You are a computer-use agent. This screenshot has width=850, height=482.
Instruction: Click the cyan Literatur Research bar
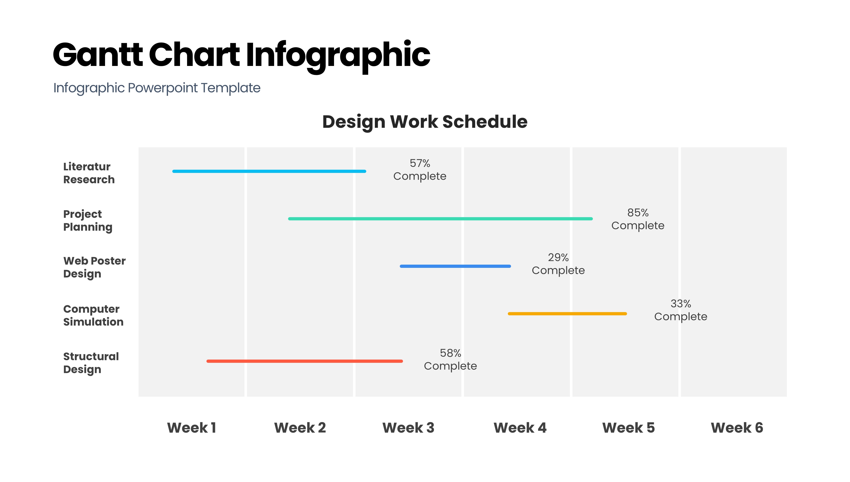click(x=269, y=171)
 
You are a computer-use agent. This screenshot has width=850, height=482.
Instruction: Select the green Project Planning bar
click(x=440, y=218)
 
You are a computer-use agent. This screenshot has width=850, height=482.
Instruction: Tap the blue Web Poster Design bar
click(x=455, y=266)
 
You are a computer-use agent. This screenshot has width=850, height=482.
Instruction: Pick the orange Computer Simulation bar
click(x=567, y=314)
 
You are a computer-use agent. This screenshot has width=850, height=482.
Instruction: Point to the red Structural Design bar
click(x=305, y=361)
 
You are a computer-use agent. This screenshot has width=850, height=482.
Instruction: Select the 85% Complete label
click(x=638, y=219)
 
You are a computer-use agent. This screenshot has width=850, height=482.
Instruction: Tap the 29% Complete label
click(x=558, y=264)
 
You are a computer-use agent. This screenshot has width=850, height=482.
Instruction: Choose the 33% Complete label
click(x=681, y=310)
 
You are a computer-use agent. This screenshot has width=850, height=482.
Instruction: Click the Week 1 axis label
click(x=191, y=427)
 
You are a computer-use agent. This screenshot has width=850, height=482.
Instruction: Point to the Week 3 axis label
click(x=408, y=427)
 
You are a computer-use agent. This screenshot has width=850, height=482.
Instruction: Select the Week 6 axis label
click(x=737, y=427)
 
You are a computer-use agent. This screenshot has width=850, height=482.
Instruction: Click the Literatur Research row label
click(x=89, y=173)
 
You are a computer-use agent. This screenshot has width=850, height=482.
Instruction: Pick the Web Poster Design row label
click(x=94, y=267)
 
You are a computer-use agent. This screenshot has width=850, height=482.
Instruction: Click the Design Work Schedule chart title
click(x=425, y=122)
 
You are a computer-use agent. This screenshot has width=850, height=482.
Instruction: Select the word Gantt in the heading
click(x=98, y=55)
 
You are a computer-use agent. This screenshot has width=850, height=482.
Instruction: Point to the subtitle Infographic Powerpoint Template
click(x=157, y=88)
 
